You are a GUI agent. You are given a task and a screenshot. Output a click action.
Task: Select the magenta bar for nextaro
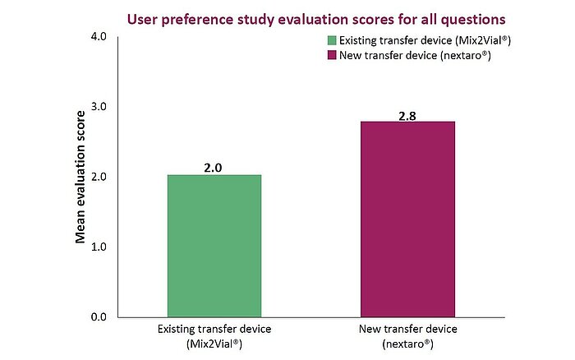pyautogui.click(x=407, y=219)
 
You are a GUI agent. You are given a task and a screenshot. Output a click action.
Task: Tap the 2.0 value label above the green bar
pyautogui.click(x=214, y=167)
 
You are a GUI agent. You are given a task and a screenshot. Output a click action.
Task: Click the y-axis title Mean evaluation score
pyautogui.click(x=80, y=177)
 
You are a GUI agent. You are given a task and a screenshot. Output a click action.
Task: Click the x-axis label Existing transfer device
pyautogui.click(x=214, y=330)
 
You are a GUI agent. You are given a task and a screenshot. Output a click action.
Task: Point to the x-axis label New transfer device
pyautogui.click(x=407, y=330)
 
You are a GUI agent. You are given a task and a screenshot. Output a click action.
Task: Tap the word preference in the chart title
pyautogui.click(x=198, y=17)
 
